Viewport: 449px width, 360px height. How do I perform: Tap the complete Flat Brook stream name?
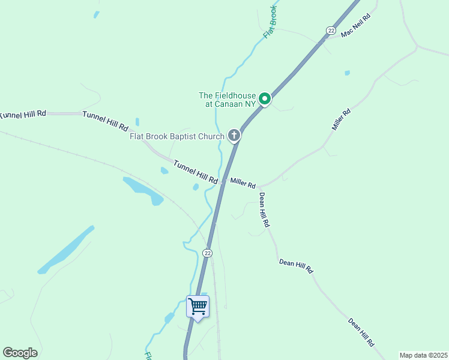270,23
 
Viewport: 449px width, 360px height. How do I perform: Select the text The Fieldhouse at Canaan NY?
228,100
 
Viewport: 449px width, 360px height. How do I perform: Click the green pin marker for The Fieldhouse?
265,98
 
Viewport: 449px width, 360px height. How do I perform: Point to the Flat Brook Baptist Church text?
176,136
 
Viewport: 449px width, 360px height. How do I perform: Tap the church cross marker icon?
234,136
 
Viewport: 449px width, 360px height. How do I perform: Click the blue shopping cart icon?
197,307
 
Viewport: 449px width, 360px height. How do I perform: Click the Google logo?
20,353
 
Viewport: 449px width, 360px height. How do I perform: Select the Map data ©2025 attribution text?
423,355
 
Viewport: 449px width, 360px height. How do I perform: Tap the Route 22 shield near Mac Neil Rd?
331,30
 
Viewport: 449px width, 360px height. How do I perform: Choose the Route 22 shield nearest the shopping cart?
208,253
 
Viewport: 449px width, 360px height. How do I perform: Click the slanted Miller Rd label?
341,120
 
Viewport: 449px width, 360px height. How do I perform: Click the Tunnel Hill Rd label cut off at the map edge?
23,113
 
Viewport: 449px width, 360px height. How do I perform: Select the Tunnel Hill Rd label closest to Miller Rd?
196,172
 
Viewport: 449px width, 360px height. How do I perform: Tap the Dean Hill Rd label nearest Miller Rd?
265,209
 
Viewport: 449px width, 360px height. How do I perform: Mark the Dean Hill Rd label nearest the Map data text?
361,332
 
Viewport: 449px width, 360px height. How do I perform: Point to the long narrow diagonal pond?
66,250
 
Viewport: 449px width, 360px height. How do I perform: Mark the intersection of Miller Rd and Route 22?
223,181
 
